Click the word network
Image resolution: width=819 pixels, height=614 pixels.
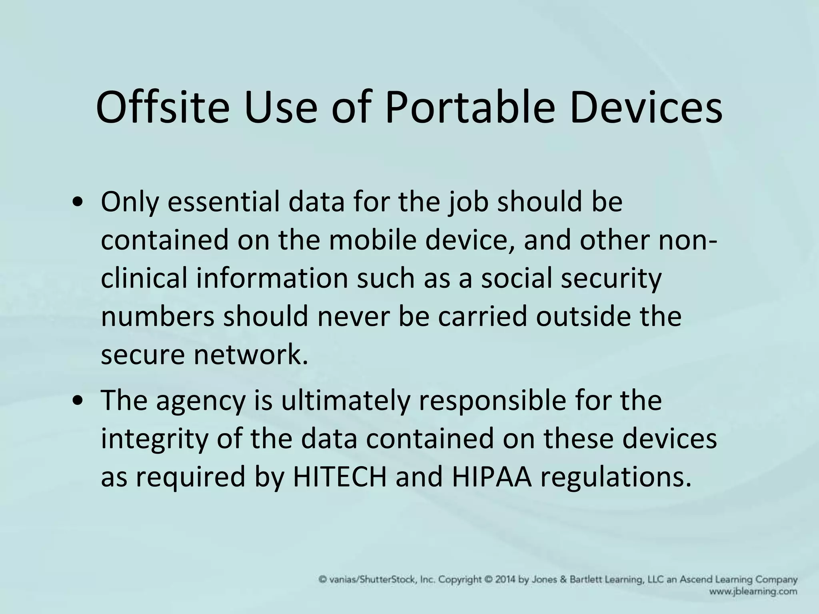tap(251, 355)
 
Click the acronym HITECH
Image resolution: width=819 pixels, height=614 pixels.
tap(340, 476)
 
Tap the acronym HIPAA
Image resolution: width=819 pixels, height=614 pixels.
tap(492, 476)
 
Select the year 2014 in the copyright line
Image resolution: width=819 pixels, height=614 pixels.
tap(505, 580)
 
